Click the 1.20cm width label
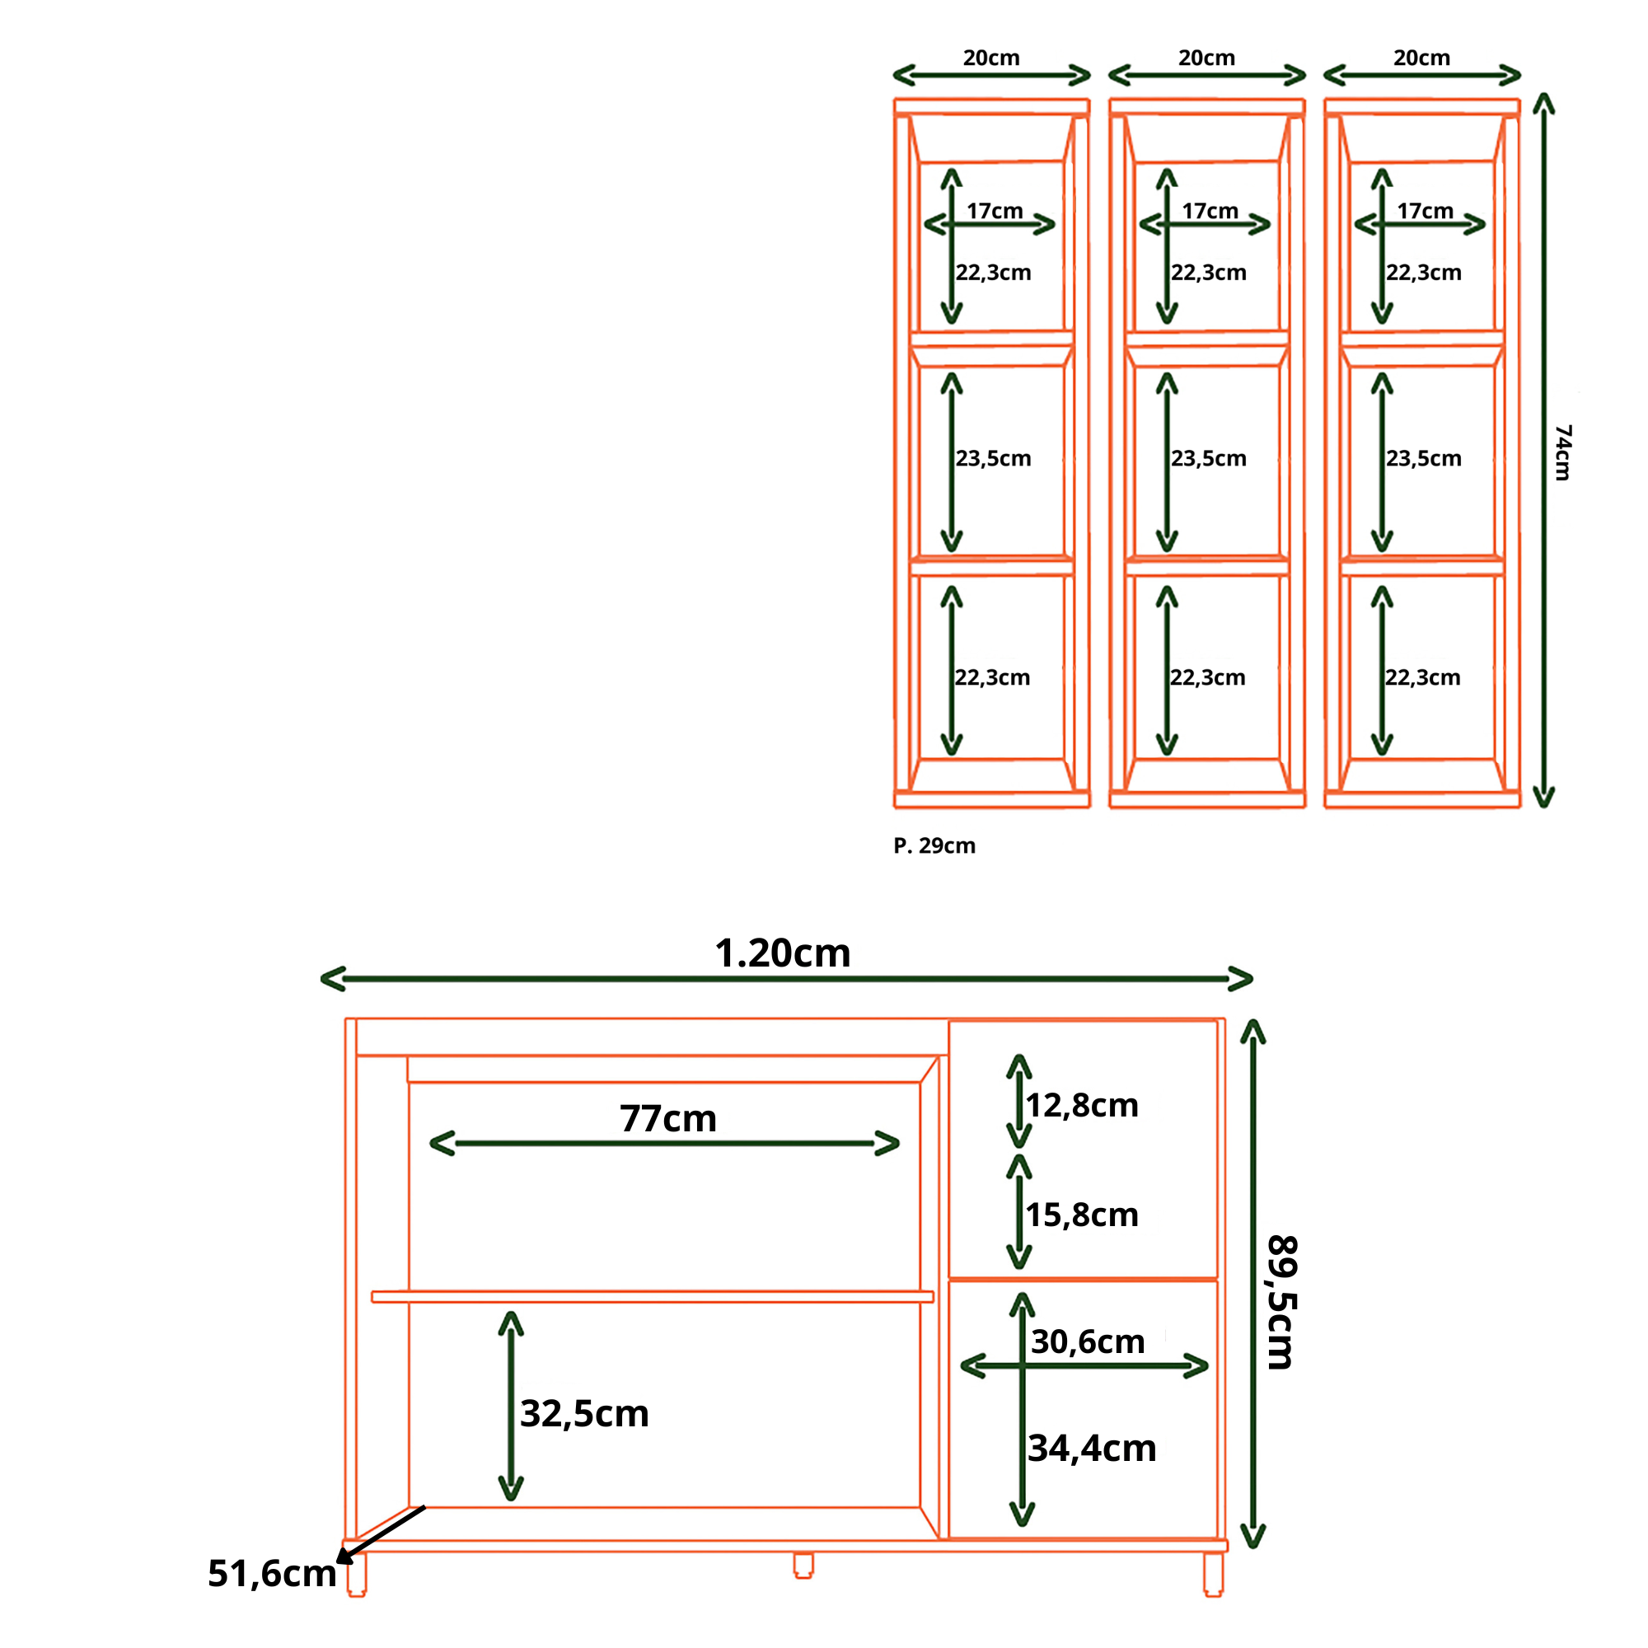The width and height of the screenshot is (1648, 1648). [782, 953]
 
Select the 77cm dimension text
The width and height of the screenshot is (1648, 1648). [668, 1119]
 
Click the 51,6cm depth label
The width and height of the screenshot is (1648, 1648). [272, 1574]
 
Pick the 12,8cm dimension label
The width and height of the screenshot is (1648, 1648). [1082, 1106]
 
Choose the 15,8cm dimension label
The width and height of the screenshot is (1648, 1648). [1082, 1215]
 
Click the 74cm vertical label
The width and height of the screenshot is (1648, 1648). [1562, 453]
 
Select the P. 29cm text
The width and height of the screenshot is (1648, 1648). [934, 845]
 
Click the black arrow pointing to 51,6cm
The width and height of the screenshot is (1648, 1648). [381, 1534]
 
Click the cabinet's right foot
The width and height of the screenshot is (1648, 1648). [1213, 1573]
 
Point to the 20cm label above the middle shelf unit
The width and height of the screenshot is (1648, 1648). [1206, 58]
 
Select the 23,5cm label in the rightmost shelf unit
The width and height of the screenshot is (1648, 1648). [1423, 459]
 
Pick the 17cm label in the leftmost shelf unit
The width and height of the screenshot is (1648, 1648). [995, 211]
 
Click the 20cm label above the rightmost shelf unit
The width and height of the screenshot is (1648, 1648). [1421, 58]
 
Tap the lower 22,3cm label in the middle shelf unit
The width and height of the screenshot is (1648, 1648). [1207, 678]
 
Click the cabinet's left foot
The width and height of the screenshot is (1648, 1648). [357, 1573]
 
